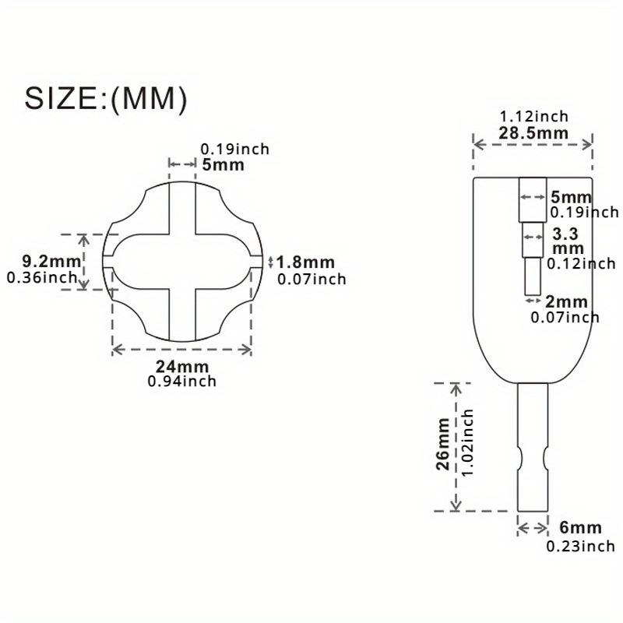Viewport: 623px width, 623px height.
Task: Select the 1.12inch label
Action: [533, 116]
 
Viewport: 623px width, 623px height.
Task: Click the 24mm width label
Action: [181, 367]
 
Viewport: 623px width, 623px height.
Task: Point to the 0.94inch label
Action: [181, 381]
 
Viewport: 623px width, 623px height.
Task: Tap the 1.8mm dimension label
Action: [305, 262]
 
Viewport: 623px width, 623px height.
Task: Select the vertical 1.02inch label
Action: [466, 445]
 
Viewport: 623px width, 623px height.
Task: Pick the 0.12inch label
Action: [580, 263]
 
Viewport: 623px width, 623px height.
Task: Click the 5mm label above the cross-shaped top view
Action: [223, 164]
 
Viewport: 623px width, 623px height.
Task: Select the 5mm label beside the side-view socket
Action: [571, 197]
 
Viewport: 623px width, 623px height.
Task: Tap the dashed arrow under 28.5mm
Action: [533, 144]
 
